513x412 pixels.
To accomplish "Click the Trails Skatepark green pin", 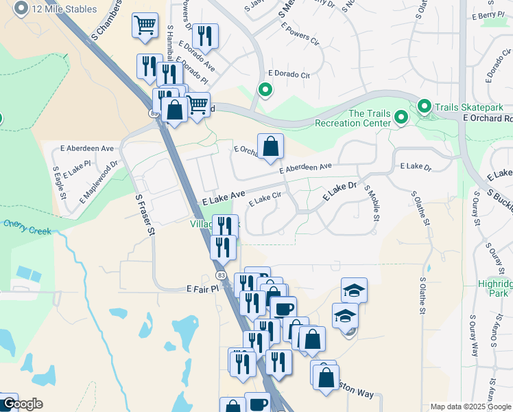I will click(425, 106).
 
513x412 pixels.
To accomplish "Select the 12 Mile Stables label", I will click(64, 10).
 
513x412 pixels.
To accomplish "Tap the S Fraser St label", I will click(143, 215).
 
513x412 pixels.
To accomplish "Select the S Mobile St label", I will click(371, 204).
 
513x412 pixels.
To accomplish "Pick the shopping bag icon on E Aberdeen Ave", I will click(271, 146).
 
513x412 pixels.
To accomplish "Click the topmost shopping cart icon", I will click(145, 26).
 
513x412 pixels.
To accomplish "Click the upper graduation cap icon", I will click(354, 290).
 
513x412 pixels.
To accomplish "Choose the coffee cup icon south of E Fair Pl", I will click(283, 308).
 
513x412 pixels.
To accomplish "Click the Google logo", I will click(22, 404).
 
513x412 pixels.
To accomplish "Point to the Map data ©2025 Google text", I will click(470, 407).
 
